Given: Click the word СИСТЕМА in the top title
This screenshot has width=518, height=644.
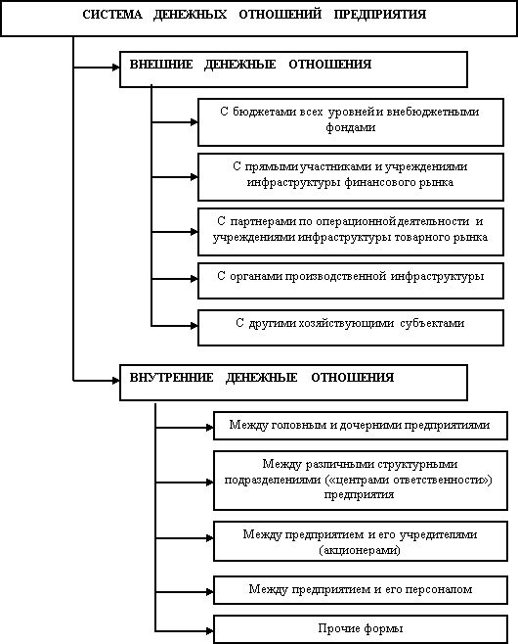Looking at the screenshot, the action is [x=112, y=15].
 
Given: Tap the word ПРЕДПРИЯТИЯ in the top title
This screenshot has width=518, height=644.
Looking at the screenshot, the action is [x=380, y=15].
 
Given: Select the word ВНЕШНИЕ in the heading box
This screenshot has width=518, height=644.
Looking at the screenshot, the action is [x=161, y=65].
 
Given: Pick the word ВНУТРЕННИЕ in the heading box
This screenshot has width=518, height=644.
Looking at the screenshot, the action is [x=171, y=378].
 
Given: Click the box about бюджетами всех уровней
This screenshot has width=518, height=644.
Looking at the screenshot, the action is [x=351, y=122].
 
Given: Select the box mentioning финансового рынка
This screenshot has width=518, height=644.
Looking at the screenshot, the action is [x=351, y=177].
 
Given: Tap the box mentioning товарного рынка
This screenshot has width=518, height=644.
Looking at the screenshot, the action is [x=351, y=232].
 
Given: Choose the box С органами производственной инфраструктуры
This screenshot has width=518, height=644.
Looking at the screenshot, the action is [x=351, y=281].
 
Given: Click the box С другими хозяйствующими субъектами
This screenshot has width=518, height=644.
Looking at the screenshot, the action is [x=351, y=328].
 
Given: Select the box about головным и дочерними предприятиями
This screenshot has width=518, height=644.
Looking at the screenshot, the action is [x=361, y=426].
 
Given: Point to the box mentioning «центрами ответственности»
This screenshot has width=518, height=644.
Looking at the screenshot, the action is [x=361, y=481].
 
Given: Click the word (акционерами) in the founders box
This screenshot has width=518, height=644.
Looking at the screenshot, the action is [x=360, y=550].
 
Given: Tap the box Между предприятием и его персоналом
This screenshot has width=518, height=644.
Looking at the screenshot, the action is [x=361, y=590].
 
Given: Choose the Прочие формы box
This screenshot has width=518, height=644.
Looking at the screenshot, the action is [x=361, y=628].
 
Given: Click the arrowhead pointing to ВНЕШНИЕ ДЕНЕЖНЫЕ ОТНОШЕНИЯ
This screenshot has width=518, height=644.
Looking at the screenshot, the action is [x=115, y=67].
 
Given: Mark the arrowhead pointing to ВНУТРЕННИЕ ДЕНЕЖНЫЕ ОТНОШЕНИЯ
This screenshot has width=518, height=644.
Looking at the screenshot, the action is [x=115, y=381].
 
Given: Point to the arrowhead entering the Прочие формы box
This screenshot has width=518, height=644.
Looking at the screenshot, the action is [x=209, y=631].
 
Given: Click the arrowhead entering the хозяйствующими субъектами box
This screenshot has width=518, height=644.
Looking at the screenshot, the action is [x=194, y=326].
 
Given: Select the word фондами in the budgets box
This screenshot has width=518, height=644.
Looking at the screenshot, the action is [x=351, y=127].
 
